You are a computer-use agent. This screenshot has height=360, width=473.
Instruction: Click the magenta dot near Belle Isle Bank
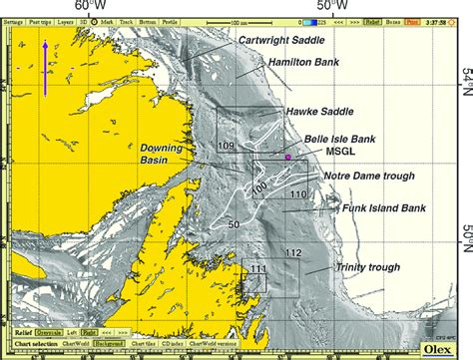pyautogui.click(x=288, y=158)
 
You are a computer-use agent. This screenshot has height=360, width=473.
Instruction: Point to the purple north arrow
pyautogui.click(x=45, y=68)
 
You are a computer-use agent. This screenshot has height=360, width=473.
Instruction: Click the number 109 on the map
pyautogui.click(x=226, y=147)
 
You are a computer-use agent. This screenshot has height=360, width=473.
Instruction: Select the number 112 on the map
pyautogui.click(x=291, y=253)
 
